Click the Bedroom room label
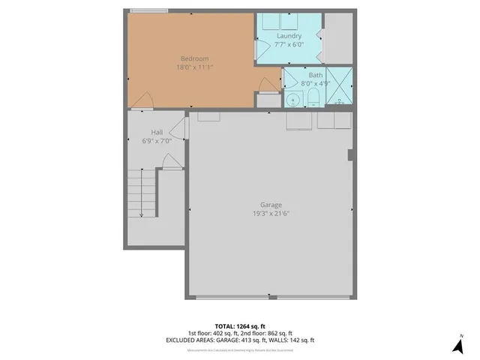pos(194,58)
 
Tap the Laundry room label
pos(289,36)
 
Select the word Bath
pos(316,75)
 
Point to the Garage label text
pos(271,205)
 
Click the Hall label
pos(157,132)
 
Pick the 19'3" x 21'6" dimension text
pos(271,214)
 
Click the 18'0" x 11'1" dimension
pos(194,67)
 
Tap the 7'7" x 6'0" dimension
pos(289,45)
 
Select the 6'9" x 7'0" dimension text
pos(157,141)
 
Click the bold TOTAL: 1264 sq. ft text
pos(239,325)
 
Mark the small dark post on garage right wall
pos(349,155)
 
